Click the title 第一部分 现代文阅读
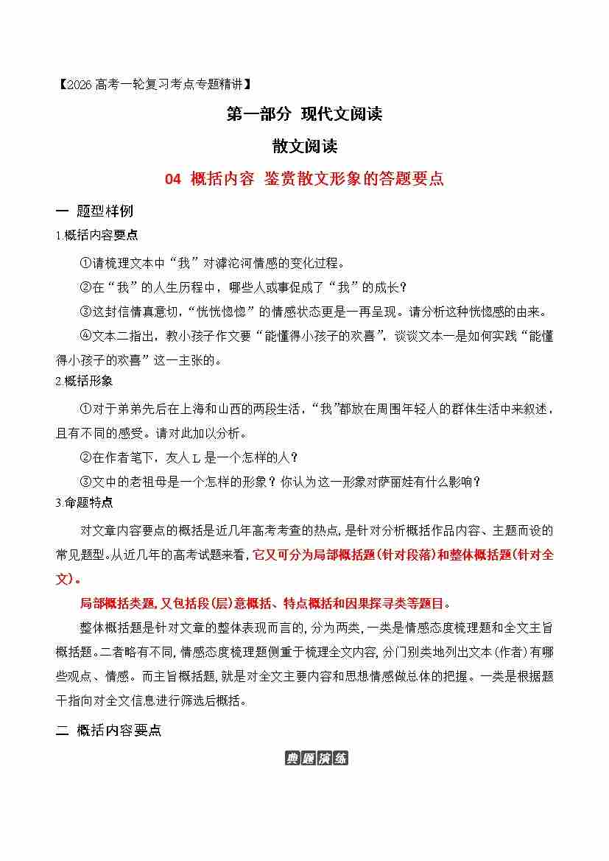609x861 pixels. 304,114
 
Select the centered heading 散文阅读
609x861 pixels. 304,146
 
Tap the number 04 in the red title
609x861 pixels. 172,179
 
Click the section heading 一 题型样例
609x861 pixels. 95,211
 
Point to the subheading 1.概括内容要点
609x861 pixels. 96,235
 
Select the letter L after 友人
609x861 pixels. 196,457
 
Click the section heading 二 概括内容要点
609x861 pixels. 108,731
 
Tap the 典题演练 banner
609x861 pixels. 316,759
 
